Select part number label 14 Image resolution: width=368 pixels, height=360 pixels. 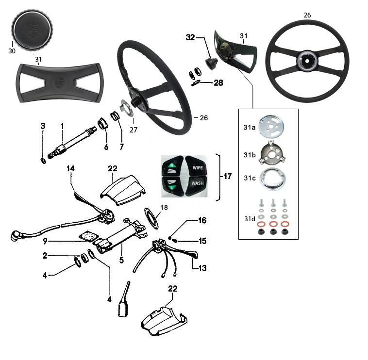click(71, 168)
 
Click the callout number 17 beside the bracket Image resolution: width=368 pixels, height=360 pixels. click(227, 177)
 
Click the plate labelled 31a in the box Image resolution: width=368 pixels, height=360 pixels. click(272, 128)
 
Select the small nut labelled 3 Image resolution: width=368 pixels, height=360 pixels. click(43, 161)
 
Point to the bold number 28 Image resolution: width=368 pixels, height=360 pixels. click(218, 82)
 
